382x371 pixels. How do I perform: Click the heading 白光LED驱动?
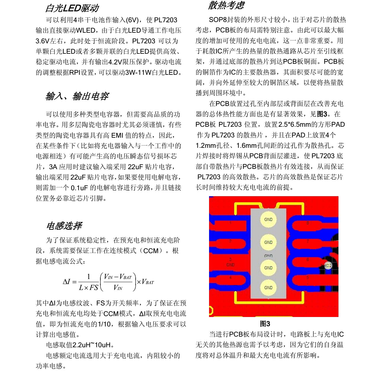click(72, 8)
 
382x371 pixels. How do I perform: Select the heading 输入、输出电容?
click(77, 96)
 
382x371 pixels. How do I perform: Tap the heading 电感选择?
click(64, 226)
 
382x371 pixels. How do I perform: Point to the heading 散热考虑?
click(227, 5)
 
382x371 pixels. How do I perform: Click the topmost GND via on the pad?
click(268, 219)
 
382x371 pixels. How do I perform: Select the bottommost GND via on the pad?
click(268, 288)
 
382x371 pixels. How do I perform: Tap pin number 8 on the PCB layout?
click(307, 223)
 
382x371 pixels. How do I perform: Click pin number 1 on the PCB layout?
click(231, 223)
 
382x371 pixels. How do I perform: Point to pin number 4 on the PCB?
click(230, 278)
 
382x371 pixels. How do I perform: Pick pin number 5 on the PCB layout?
click(307, 278)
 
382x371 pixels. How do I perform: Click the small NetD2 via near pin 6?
click(328, 266)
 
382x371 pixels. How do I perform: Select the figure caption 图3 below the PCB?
click(265, 324)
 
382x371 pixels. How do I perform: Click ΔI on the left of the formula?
click(67, 282)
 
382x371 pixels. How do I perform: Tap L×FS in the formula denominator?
click(88, 287)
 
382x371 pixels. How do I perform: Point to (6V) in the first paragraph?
click(132, 20)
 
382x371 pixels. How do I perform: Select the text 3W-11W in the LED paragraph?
click(138, 72)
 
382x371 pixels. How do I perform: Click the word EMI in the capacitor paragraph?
click(117, 135)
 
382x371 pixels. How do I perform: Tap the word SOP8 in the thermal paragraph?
click(218, 20)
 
